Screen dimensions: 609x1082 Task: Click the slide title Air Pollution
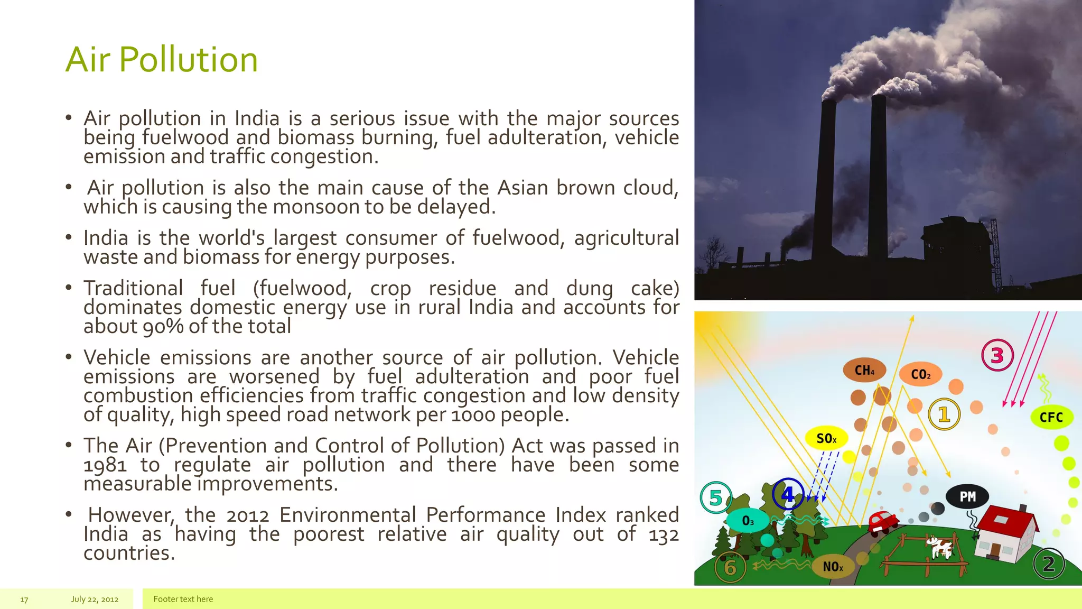(x=162, y=59)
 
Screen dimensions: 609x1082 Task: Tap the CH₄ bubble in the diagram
(x=864, y=370)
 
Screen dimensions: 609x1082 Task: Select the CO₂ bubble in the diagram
(x=920, y=374)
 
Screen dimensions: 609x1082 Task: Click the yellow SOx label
(x=826, y=438)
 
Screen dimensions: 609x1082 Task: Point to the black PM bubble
(x=967, y=496)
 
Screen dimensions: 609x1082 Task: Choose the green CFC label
(x=1051, y=417)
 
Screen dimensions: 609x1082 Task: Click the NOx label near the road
(x=833, y=567)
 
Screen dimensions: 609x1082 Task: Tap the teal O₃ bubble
(x=748, y=521)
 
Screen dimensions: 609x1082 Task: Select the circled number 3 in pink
(x=997, y=355)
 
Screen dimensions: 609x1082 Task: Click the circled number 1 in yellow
(x=944, y=414)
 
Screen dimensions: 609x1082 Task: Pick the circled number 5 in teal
(x=716, y=497)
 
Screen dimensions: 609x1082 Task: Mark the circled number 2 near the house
(x=1049, y=564)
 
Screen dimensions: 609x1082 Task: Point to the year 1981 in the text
(x=105, y=465)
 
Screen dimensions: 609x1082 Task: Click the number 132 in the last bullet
(x=663, y=534)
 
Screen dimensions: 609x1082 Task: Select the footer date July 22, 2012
(x=95, y=599)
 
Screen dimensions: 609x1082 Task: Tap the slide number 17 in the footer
(x=24, y=599)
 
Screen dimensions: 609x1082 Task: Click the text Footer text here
(x=183, y=599)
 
